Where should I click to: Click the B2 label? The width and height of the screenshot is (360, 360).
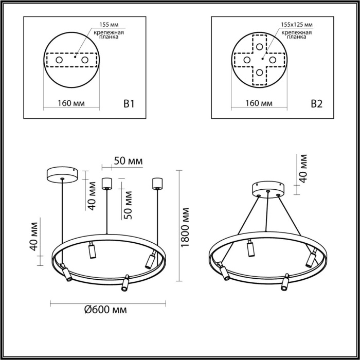(x=317, y=104)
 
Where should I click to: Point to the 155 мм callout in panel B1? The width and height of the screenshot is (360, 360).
(x=107, y=24)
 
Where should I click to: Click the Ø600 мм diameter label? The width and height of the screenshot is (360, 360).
(x=105, y=310)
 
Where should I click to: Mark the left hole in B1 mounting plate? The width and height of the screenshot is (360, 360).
(x=59, y=61)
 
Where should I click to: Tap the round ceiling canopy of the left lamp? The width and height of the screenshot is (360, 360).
(x=62, y=174)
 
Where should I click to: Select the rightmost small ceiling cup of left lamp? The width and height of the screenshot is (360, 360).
(x=156, y=183)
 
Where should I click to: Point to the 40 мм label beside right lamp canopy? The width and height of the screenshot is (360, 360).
(x=303, y=168)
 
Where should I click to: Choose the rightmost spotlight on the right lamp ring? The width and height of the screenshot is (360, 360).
(x=311, y=258)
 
